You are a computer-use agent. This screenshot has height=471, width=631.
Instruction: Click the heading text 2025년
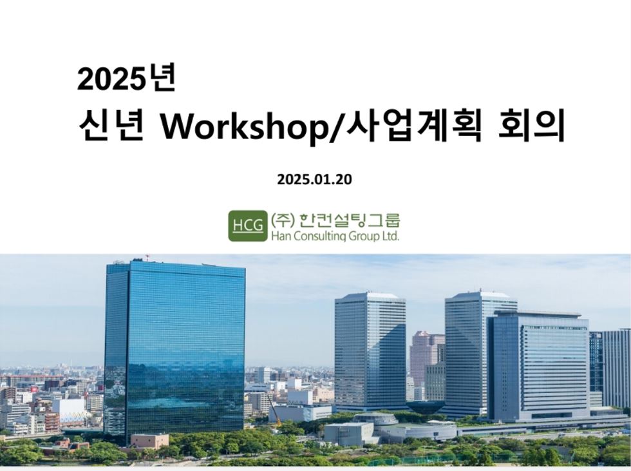tap(126, 79)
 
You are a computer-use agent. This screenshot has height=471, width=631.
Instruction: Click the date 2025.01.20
tap(314, 179)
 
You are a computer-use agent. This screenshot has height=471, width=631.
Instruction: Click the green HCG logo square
tap(247, 226)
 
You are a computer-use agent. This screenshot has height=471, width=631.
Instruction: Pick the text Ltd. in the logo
tap(390, 236)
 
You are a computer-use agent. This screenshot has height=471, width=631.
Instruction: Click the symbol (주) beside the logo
tap(283, 220)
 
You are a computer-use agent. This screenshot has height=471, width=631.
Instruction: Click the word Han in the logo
tap(278, 236)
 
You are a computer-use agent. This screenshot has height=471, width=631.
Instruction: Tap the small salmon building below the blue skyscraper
tap(149, 441)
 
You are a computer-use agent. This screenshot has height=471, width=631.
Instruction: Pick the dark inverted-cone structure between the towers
tap(422, 407)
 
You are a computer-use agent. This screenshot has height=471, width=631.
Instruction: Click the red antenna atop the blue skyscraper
tap(147, 256)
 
